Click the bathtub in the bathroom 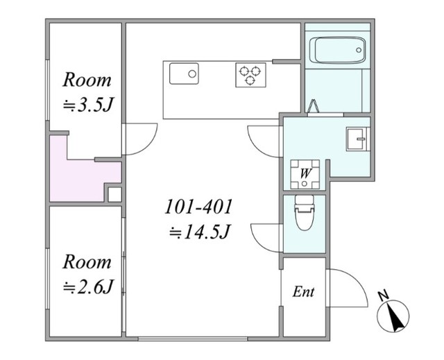337,50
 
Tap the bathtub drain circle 359,50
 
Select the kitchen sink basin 184,74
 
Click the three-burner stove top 250,75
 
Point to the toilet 305,213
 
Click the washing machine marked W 305,174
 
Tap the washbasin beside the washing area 358,139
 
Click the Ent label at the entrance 303,292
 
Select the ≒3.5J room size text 88,105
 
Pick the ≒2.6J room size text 88,287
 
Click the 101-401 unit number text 198,207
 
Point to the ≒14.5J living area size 199,232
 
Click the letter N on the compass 384,295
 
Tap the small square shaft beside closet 115,195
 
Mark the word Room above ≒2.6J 87,262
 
